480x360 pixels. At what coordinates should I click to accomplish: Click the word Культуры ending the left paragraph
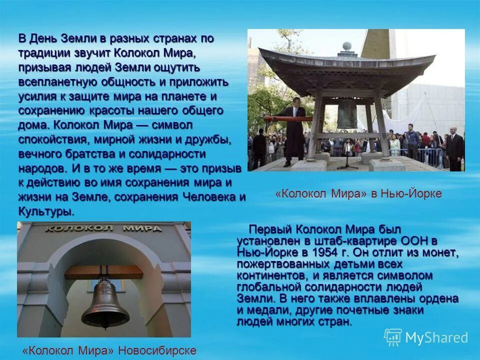[x=46, y=211]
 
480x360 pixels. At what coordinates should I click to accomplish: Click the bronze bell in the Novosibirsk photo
[x=105, y=305]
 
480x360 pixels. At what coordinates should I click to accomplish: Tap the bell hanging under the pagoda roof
[x=347, y=114]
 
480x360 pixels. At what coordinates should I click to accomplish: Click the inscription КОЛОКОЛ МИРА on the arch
[x=103, y=228]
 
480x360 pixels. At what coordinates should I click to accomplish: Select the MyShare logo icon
[x=392, y=337]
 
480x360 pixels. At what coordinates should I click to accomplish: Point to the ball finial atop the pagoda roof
[x=347, y=46]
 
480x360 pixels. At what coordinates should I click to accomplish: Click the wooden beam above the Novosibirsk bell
[x=103, y=272]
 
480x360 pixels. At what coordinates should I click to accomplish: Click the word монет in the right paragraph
[x=442, y=252]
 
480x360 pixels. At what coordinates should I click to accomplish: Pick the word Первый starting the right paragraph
[x=270, y=229]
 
